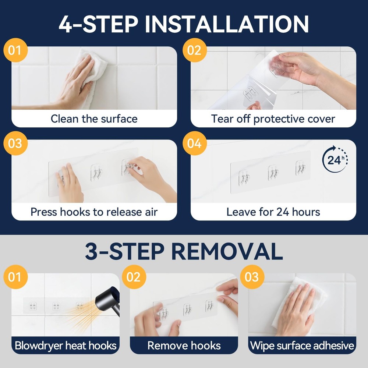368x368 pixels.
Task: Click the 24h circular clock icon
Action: [335, 159]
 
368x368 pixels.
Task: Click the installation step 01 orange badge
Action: [15, 50]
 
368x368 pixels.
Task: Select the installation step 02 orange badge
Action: [195, 50]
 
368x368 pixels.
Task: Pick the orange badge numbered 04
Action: [195, 143]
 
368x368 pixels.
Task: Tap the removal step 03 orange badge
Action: [252, 277]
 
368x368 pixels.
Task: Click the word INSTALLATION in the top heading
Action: [227, 24]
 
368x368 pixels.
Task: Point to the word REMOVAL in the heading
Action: [227, 251]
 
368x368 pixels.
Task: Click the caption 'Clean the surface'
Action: [94, 119]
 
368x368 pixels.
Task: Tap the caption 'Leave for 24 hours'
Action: [273, 212]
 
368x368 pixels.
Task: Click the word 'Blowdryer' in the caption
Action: [39, 346]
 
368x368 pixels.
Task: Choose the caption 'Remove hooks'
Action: [184, 346]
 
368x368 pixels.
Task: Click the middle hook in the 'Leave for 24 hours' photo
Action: [273, 173]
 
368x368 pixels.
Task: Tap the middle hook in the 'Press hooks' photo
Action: [96, 173]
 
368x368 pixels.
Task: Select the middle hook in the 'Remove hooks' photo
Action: [188, 309]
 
